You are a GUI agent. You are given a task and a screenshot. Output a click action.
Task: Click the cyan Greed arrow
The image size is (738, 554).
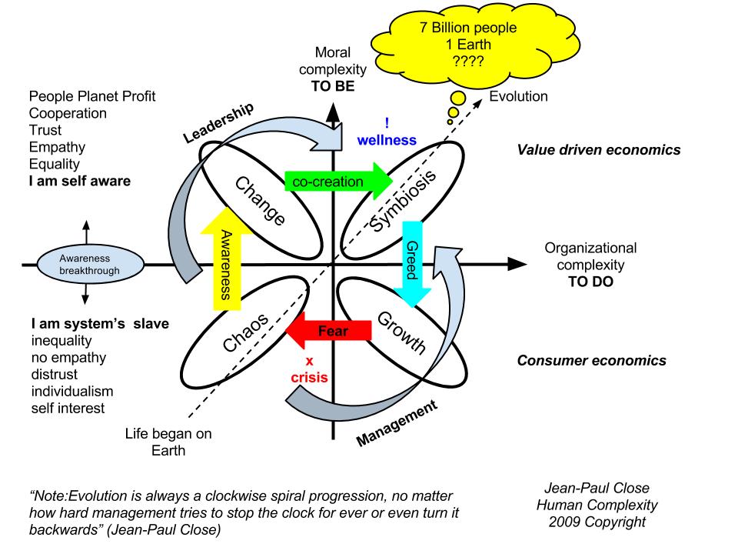click(413, 262)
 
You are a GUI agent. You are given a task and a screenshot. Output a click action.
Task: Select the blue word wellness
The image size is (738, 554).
click(387, 140)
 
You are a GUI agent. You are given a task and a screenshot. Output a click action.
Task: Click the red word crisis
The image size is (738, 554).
click(310, 379)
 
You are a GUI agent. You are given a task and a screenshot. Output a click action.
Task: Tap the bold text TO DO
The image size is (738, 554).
click(590, 282)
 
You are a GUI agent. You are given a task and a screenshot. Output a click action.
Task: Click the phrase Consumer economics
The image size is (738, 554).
click(591, 360)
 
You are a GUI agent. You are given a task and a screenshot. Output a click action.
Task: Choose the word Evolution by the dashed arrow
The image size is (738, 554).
click(519, 97)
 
